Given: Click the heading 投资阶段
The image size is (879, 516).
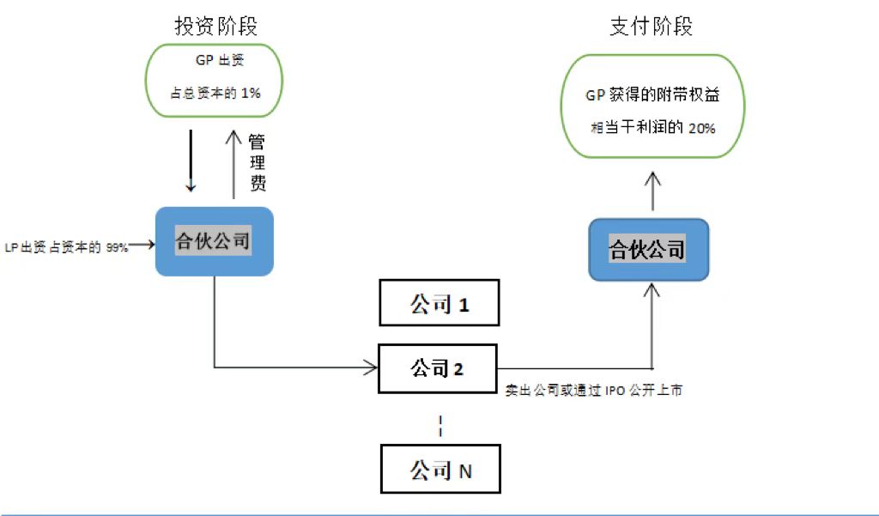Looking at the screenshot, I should click(215, 27).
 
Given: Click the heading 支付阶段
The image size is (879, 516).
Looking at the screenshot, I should click(651, 27).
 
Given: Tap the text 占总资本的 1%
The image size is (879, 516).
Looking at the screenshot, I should click(215, 93).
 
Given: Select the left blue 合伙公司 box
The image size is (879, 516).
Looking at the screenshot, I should click(214, 241).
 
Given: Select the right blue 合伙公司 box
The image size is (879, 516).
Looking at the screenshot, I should click(648, 250).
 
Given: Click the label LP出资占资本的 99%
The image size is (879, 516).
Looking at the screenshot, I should click(67, 247).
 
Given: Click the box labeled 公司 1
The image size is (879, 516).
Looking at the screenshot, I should click(439, 303).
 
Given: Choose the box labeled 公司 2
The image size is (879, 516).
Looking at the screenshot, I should click(439, 369).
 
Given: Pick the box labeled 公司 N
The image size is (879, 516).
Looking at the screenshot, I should click(439, 470).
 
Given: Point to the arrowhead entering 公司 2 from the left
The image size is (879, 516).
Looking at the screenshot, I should click(372, 369).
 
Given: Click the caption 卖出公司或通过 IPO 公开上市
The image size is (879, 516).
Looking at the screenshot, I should click(595, 390).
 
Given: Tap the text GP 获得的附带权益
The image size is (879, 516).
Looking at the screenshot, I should click(652, 96).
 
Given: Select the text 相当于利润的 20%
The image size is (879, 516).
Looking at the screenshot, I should click(652, 127).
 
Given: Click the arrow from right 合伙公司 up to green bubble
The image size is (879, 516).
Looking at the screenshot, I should click(652, 191).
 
